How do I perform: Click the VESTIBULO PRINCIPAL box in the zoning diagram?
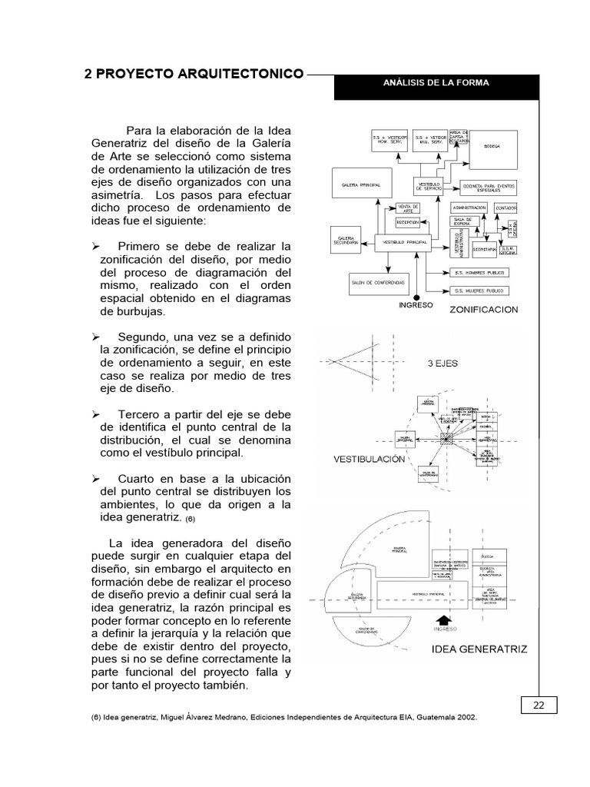click(x=406, y=242)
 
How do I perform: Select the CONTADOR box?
click(x=505, y=208)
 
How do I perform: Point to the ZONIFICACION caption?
click(x=486, y=310)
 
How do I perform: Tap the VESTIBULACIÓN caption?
click(x=369, y=459)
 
